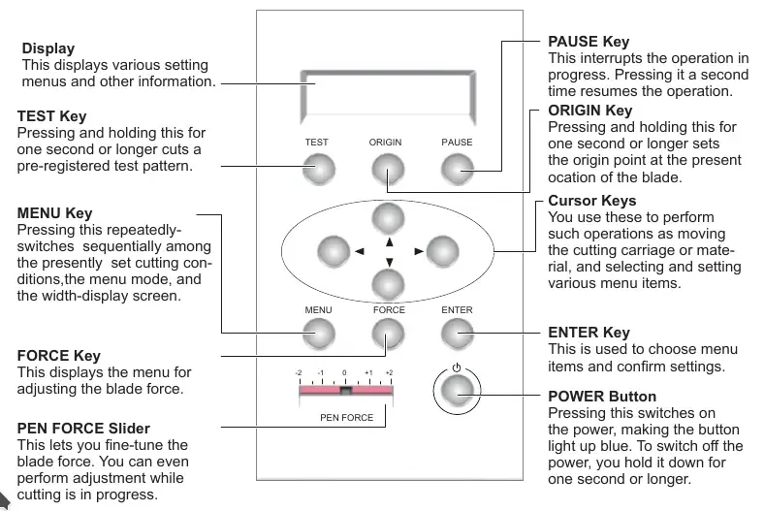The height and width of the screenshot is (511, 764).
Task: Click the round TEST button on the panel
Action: pyautogui.click(x=317, y=170)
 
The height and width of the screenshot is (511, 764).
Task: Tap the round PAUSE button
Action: pyautogui.click(x=457, y=170)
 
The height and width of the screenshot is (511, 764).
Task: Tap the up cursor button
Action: pyautogui.click(x=387, y=218)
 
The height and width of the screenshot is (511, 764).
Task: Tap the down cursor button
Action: pyautogui.click(x=387, y=282)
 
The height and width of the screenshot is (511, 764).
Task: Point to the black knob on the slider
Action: pyautogui.click(x=344, y=390)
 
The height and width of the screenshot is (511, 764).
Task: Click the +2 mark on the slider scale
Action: pyautogui.click(x=389, y=372)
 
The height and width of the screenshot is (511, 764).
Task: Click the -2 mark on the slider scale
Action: pyautogui.click(x=301, y=372)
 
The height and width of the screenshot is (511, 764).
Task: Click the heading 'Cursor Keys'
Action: pyautogui.click(x=592, y=201)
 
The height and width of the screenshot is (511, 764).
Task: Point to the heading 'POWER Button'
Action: pyautogui.click(x=602, y=397)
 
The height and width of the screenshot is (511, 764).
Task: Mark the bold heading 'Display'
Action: pyautogui.click(x=48, y=48)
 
